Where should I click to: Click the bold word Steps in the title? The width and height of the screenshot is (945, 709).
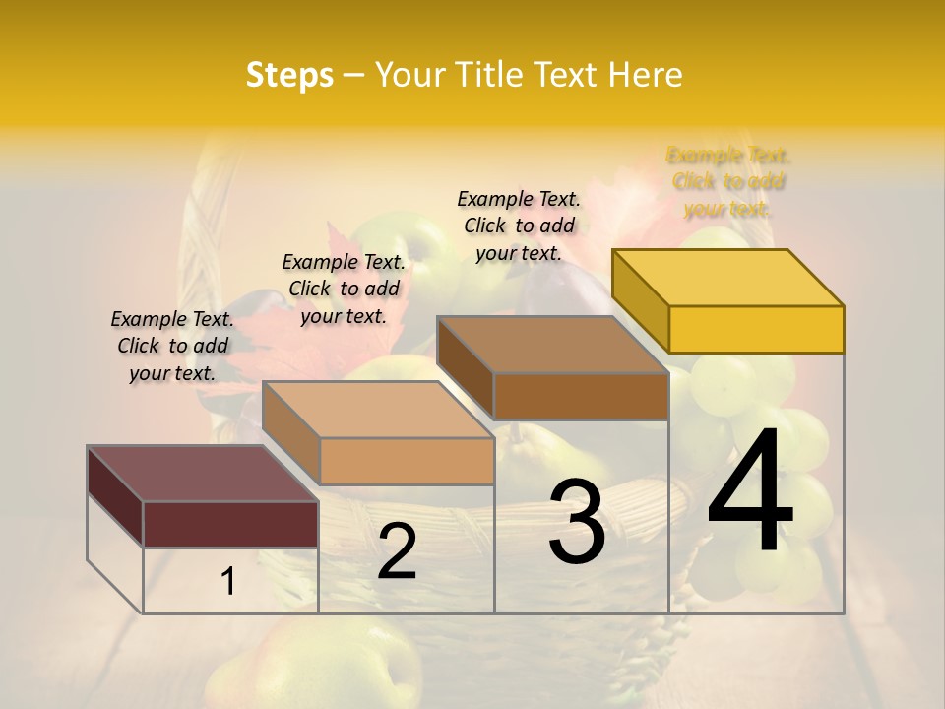(x=289, y=75)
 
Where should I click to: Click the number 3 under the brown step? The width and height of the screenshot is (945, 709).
(x=577, y=522)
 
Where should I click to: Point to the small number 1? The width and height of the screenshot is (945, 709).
(x=228, y=582)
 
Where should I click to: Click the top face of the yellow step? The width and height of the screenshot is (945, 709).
(x=726, y=277)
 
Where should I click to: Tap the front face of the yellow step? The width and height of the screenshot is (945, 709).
(x=756, y=329)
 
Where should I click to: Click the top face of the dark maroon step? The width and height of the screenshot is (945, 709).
(x=202, y=473)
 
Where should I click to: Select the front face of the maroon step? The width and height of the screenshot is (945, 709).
(x=230, y=524)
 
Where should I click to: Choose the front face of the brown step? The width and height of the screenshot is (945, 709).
(x=581, y=396)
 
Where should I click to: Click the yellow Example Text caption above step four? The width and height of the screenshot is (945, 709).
(x=728, y=182)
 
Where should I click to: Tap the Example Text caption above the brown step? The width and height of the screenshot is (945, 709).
(x=519, y=226)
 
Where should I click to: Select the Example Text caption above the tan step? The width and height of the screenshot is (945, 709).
(x=344, y=289)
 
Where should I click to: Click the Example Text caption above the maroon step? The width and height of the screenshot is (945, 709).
(x=172, y=346)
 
